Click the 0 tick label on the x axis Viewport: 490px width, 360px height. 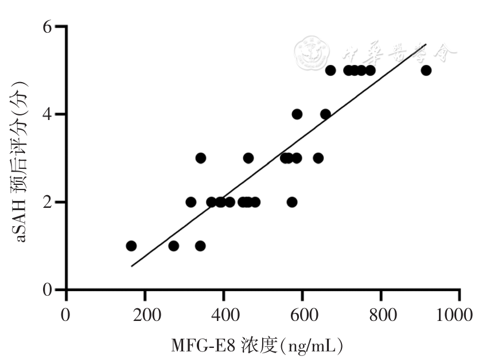(67, 316)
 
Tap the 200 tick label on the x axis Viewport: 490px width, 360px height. (145, 316)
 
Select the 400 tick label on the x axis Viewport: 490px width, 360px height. (224, 316)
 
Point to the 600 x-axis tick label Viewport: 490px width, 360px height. (302, 316)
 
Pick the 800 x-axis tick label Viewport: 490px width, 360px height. (381, 316)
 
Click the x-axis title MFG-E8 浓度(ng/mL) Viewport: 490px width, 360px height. (257, 346)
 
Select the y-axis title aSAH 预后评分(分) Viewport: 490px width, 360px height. (22, 158)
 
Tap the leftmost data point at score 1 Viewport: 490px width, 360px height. (131, 246)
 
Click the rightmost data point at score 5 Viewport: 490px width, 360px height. (426, 70)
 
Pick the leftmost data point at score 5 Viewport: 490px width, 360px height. (330, 70)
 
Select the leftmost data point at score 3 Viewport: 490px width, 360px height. (200, 158)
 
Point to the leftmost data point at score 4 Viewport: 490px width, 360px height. (297, 114)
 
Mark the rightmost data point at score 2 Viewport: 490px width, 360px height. (292, 202)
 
